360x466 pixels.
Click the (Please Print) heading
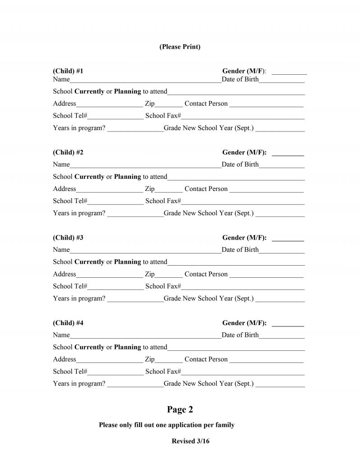(x=180, y=47)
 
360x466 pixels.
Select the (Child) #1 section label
(x=68, y=71)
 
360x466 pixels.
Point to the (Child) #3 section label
(x=68, y=238)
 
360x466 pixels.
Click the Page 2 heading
(x=180, y=409)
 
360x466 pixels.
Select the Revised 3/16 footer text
(x=190, y=441)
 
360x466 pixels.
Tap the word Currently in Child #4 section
(x=89, y=347)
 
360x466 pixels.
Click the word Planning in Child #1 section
(x=127, y=91)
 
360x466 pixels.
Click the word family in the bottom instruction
(x=224, y=425)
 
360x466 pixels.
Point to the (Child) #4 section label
(x=68, y=323)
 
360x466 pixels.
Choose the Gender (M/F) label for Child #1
(x=243, y=71)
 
